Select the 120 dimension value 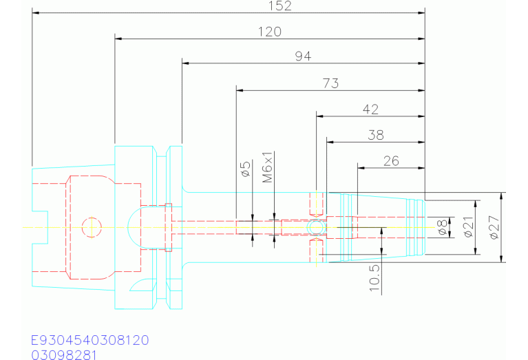click(270, 32)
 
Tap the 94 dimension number click(303, 56)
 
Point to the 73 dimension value click(330, 83)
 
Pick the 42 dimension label click(370, 109)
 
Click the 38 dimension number click(375, 135)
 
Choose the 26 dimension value click(391, 161)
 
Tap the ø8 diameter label click(444, 226)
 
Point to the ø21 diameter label click(469, 226)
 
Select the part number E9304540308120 click(89, 341)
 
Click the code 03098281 click(64, 354)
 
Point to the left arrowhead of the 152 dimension click(36, 13)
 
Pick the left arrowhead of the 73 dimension click(240, 89)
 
